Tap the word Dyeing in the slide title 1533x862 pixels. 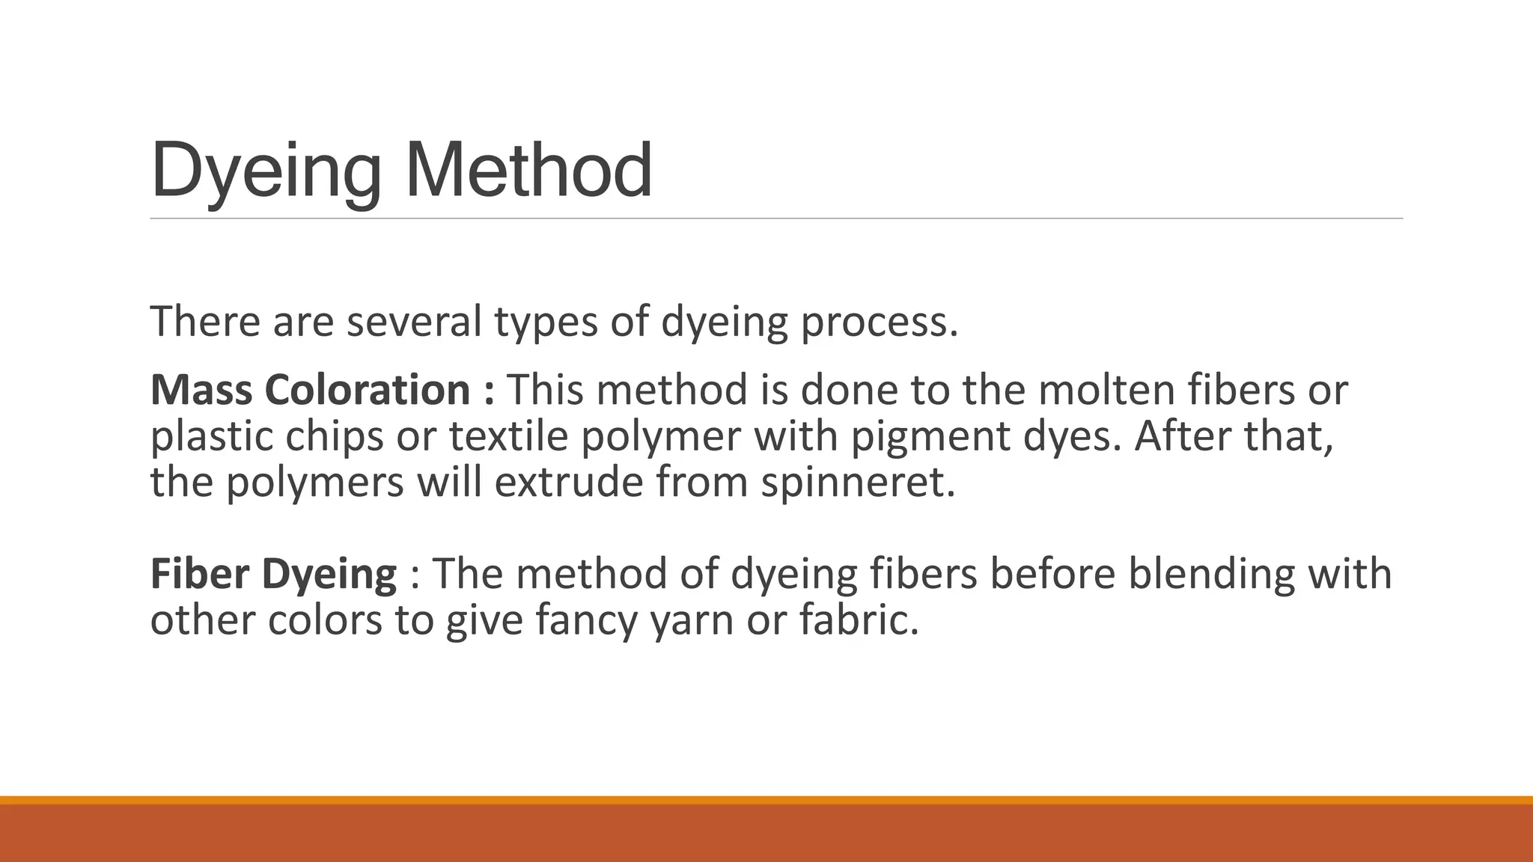coord(266,174)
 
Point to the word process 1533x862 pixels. coord(879,323)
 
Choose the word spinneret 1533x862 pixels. coord(858,483)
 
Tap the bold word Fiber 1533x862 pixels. coord(199,574)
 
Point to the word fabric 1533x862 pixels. coord(858,620)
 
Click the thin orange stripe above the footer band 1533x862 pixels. coord(766,800)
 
